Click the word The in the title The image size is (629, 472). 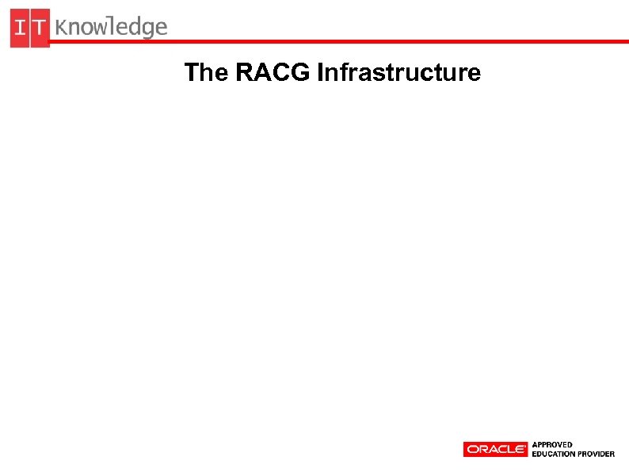[x=206, y=73]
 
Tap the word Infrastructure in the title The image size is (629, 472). [x=398, y=73]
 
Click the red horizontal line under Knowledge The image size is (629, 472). [x=396, y=41]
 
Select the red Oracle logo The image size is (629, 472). [x=495, y=449]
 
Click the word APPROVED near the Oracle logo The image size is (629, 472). [x=552, y=444]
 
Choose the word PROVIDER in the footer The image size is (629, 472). [x=596, y=454]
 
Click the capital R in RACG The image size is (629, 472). [x=244, y=73]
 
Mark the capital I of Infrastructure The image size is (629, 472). [x=320, y=73]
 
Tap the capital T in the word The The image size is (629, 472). [x=191, y=73]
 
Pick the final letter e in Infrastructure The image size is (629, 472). [x=475, y=75]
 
